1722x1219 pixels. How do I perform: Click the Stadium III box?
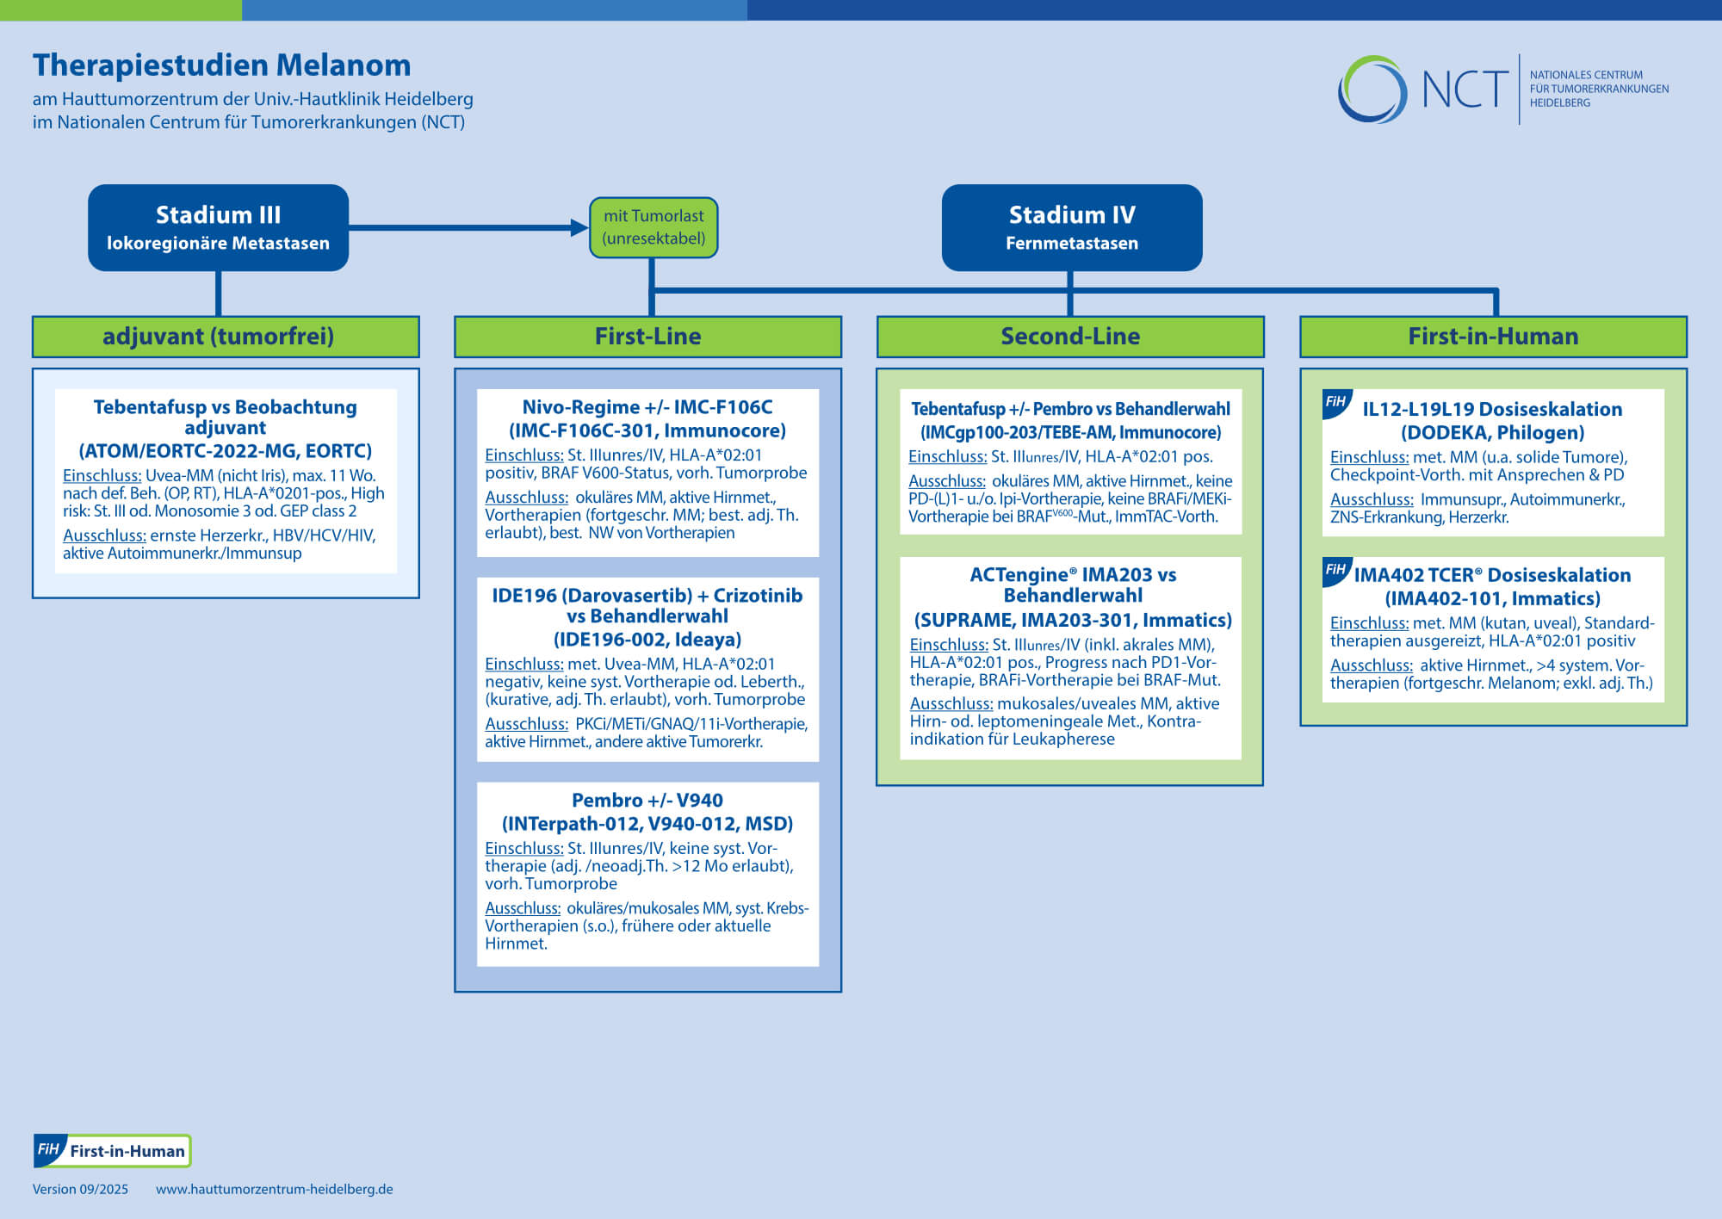coord(218,227)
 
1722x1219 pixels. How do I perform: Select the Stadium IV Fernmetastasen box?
coord(1072,227)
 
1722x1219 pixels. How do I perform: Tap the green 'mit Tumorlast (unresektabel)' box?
coord(653,227)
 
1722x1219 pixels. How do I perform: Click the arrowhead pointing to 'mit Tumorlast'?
coord(579,227)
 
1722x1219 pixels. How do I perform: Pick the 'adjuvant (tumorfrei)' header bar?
coord(226,337)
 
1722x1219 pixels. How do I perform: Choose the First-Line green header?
coord(647,337)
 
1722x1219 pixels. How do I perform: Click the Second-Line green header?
coord(1070,337)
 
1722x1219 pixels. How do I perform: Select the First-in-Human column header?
coord(1493,337)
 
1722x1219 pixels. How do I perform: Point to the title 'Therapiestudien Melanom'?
coord(222,65)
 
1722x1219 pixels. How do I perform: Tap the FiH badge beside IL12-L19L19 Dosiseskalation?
coord(1336,403)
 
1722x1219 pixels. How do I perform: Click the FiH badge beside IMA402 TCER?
coord(1336,571)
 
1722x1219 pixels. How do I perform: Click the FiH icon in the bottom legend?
coord(49,1150)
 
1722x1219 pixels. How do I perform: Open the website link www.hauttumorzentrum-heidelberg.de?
coord(275,1189)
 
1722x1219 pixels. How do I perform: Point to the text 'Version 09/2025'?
coord(80,1189)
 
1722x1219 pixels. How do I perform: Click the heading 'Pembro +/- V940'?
coord(647,801)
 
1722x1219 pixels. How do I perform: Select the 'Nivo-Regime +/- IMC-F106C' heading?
coord(647,407)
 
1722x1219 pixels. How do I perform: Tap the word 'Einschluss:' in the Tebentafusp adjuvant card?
coord(102,476)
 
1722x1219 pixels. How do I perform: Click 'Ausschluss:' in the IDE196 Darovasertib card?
coord(526,725)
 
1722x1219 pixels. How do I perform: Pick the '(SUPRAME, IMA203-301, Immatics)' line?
coord(1073,621)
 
